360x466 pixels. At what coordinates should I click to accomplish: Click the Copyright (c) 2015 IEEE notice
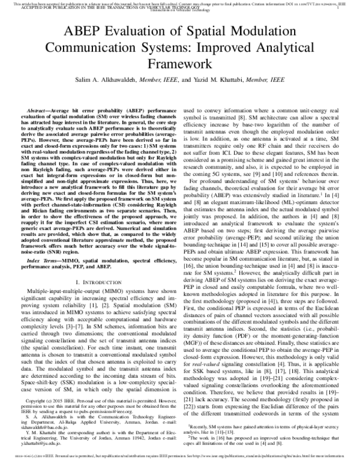click(54, 399)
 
